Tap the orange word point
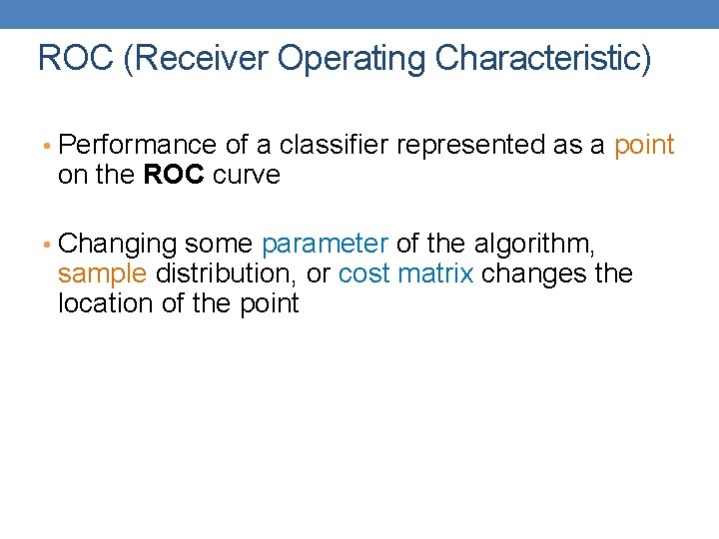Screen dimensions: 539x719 [644, 146]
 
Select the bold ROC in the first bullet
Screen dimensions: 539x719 [175, 176]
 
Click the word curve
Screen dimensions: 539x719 [247, 176]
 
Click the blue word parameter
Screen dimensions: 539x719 [325, 245]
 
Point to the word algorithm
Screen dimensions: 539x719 [538, 245]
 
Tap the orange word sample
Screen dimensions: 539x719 [103, 274]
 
